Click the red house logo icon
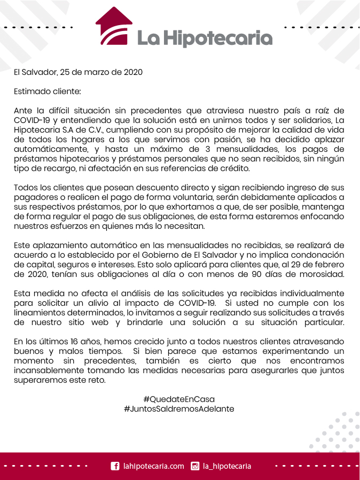pos(114,26)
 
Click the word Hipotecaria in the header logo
pos(217,37)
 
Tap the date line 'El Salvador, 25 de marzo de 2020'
pos(79,72)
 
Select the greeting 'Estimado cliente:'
pos(47,91)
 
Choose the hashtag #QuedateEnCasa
pos(179,399)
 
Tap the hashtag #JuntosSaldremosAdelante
pos(179,409)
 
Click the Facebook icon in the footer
pos(114,466)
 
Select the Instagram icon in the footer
pos(195,466)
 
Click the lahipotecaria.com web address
pos(154,466)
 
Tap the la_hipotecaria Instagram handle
pos(227,466)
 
